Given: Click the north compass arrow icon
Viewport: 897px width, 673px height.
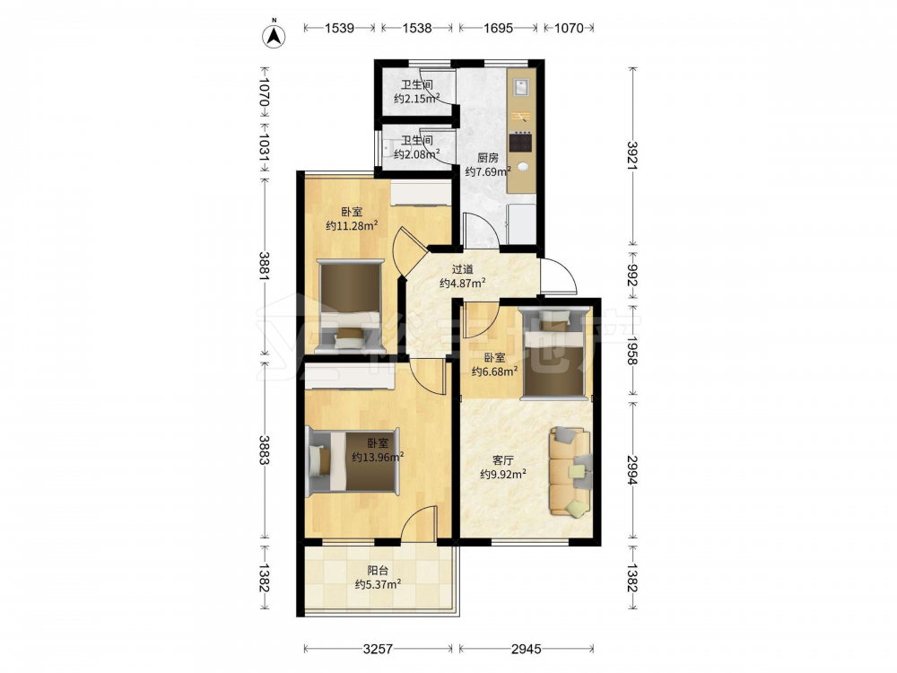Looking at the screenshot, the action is point(274,36).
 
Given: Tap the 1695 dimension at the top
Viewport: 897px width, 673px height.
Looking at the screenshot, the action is point(498,28).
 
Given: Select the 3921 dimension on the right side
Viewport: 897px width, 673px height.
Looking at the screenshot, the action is point(632,155).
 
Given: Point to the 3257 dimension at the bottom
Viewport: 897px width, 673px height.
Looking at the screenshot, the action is point(378,649).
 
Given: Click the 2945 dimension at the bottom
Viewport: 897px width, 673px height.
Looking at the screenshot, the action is point(526,649).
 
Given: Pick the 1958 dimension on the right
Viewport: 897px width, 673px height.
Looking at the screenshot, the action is point(632,350).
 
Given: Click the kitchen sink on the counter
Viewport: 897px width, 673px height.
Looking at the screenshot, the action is point(522,87).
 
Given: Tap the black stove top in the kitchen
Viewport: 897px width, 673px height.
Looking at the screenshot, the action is point(520,142).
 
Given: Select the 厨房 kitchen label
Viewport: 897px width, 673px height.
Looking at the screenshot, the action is point(488,158).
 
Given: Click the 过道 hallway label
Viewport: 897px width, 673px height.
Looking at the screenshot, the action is point(462,269).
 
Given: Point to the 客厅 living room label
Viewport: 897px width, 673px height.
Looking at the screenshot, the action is point(503,460).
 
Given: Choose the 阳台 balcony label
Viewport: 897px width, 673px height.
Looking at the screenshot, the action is point(378,571).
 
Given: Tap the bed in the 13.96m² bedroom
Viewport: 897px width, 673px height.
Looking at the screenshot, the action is point(353,460).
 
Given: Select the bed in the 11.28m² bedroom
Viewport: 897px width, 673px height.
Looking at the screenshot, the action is point(350,306).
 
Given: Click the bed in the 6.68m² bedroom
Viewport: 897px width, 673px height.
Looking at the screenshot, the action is point(553,353).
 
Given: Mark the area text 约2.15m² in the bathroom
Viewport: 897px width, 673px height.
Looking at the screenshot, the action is point(416,99).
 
